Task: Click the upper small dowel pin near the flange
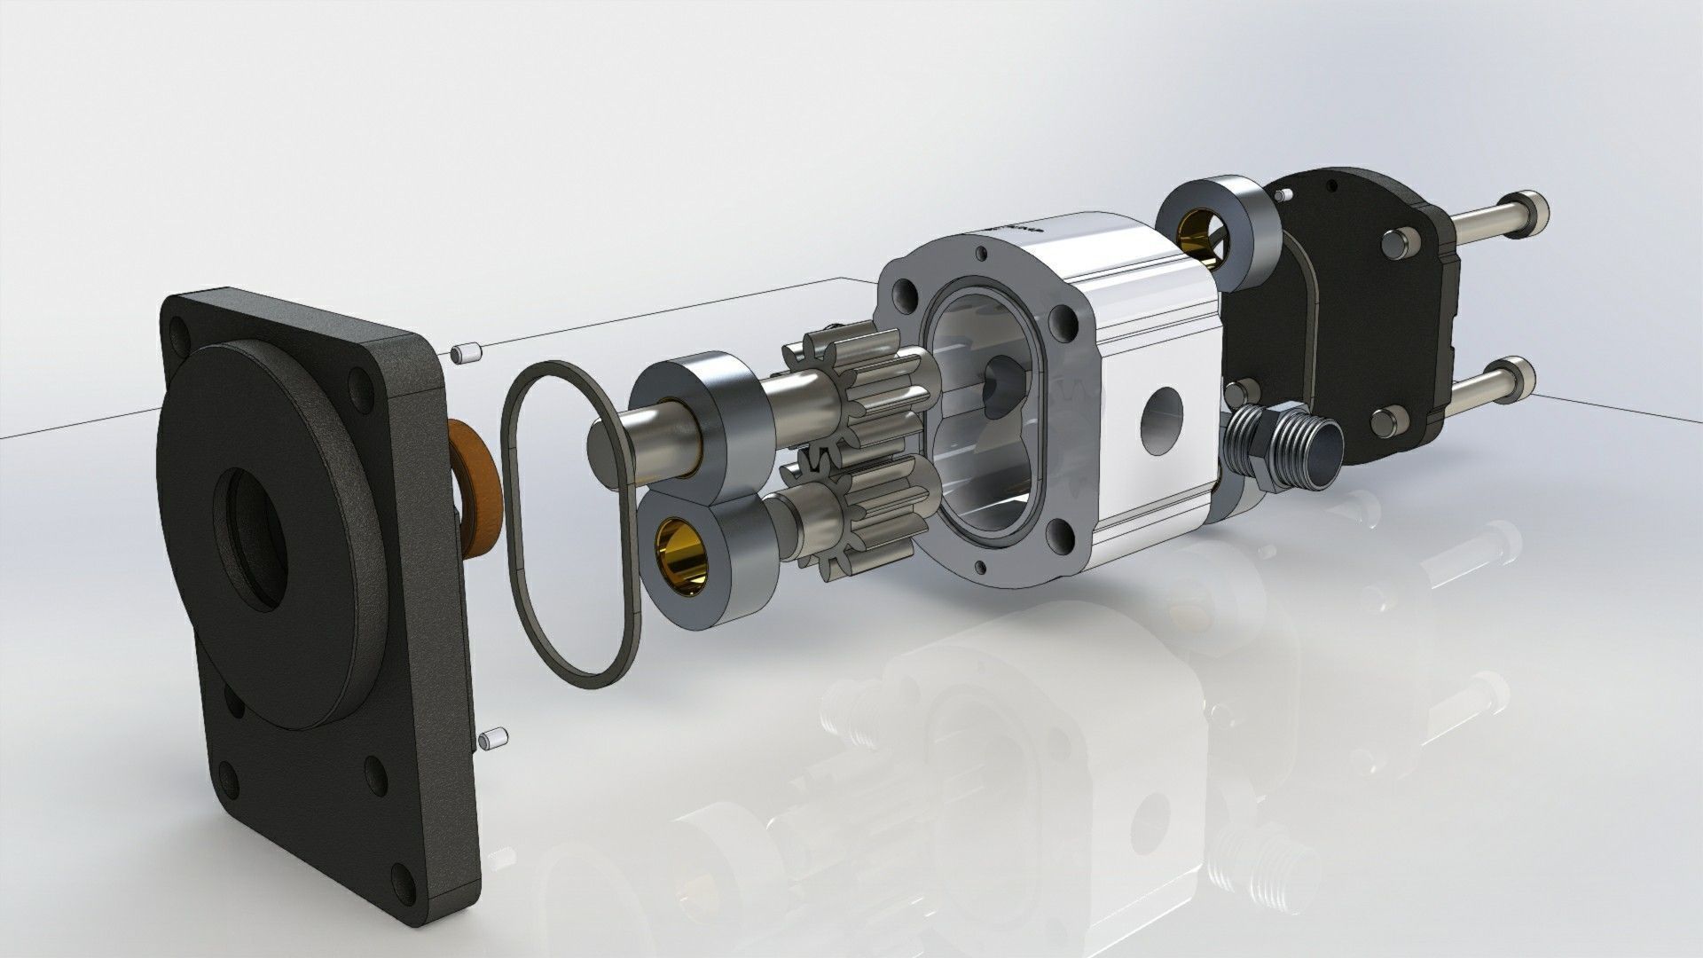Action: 465,354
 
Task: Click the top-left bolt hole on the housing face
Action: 906,294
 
